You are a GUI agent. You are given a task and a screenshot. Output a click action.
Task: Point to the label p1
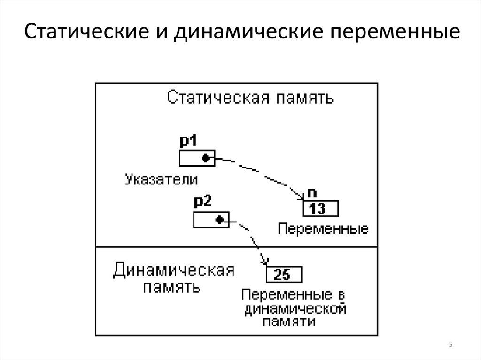[189, 141]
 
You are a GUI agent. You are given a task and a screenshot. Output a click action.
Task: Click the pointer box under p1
[196, 158]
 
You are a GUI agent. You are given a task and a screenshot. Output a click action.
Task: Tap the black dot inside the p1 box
[205, 158]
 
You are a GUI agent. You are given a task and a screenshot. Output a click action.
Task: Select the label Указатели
[161, 179]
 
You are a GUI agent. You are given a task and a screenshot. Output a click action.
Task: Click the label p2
[203, 202]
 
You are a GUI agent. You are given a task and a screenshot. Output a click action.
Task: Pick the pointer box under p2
[211, 219]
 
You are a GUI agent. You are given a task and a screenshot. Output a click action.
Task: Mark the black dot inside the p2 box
[219, 219]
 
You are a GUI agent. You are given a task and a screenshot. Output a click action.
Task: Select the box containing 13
[319, 208]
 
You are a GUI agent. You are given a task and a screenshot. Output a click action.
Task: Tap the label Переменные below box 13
[323, 230]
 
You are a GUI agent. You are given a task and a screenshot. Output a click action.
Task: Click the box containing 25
[284, 275]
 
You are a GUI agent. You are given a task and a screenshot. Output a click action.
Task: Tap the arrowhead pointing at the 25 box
[264, 262]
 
